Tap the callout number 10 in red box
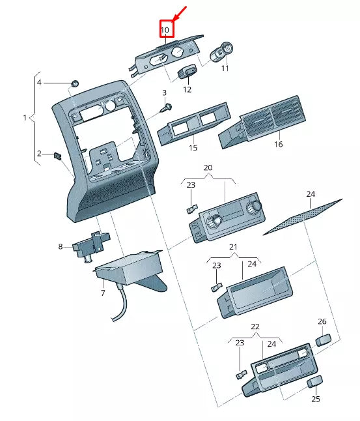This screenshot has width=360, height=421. coord(165,30)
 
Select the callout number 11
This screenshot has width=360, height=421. coord(225,68)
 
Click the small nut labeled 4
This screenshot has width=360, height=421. coord(74,83)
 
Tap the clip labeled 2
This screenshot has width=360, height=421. coord(57,156)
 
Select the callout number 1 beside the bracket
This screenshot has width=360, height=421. coord(25,118)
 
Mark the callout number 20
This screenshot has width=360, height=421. coord(208,167)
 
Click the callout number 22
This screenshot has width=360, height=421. coord(255,327)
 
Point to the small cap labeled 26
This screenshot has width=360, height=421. coord(323,339)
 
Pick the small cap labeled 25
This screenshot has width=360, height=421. coord(315,382)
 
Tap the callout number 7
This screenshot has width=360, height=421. coord(102,293)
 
